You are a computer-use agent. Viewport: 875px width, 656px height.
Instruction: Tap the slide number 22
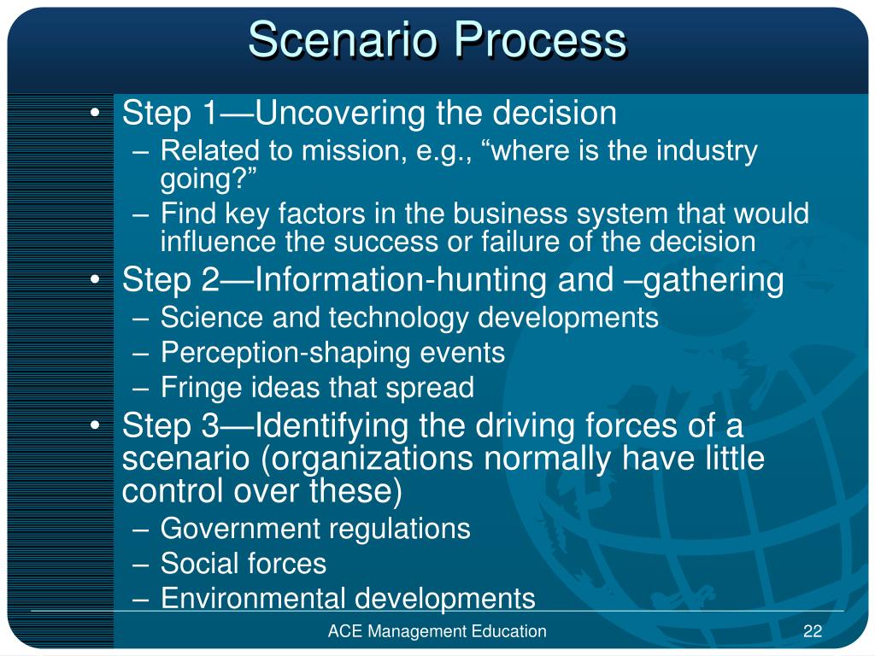[x=812, y=631]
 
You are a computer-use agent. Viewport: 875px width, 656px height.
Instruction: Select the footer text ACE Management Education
[x=437, y=631]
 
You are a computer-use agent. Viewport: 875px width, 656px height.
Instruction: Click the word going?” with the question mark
[x=208, y=179]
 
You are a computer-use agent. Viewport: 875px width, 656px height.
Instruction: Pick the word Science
[x=213, y=318]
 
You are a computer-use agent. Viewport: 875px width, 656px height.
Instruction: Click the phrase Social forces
[x=244, y=563]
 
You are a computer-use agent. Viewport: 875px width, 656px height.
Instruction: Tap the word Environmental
[x=254, y=598]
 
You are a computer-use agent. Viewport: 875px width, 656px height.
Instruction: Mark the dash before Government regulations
[x=143, y=529]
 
